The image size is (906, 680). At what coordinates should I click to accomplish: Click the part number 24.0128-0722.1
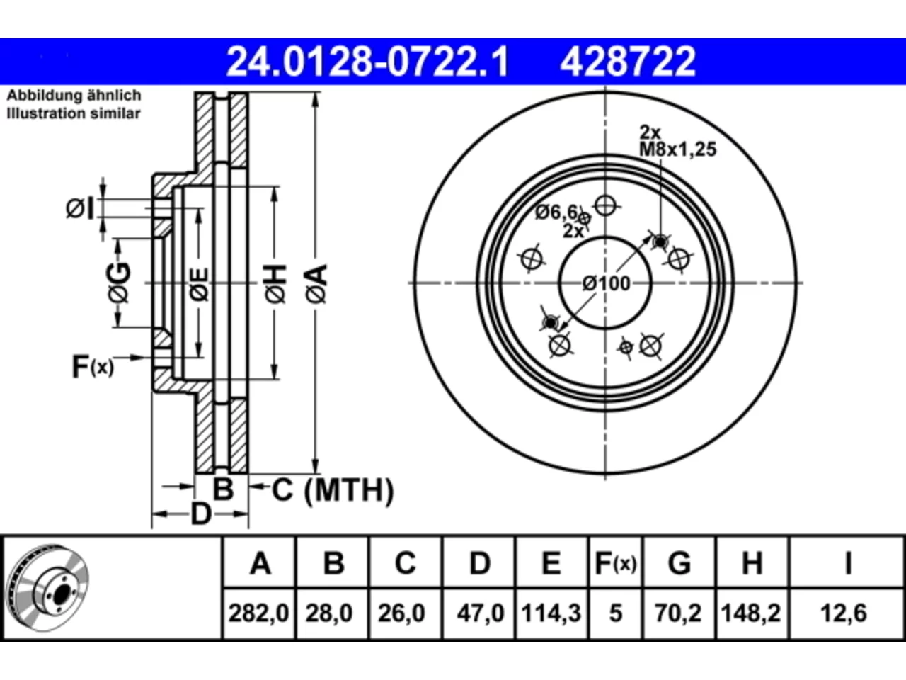pos(367,62)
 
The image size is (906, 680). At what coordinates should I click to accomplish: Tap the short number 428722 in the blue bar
pos(628,62)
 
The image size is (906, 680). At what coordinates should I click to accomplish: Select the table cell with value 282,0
pos(259,613)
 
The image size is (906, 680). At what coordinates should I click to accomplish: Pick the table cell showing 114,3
pos(551,613)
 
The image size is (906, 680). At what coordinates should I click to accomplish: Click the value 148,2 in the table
pos(751,613)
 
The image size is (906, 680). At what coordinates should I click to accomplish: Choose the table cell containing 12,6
pos(844,613)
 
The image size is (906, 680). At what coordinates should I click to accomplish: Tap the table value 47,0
pos(480,613)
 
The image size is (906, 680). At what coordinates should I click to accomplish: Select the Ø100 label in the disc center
pos(607,283)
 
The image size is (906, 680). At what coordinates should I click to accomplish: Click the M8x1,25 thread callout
pos(678,149)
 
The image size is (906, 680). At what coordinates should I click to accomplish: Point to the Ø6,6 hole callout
pos(556,212)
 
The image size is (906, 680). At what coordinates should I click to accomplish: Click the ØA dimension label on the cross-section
pos(316,285)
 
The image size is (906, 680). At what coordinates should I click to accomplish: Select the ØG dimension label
pos(119,283)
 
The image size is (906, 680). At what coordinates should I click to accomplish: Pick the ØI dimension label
pos(80,208)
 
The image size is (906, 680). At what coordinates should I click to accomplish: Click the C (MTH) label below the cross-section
pos(333,490)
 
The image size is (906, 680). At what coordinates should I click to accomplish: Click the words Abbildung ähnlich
pos(74,96)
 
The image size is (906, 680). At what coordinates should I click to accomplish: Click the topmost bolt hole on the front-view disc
pos(605,205)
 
